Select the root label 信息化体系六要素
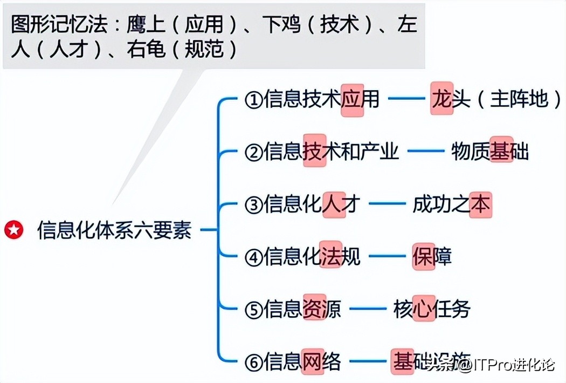click(x=114, y=231)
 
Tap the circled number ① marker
click(x=253, y=100)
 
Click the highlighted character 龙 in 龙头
click(x=441, y=99)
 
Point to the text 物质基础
click(x=489, y=152)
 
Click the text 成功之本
click(x=452, y=204)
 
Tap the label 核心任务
click(x=432, y=309)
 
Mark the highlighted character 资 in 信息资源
click(x=314, y=309)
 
